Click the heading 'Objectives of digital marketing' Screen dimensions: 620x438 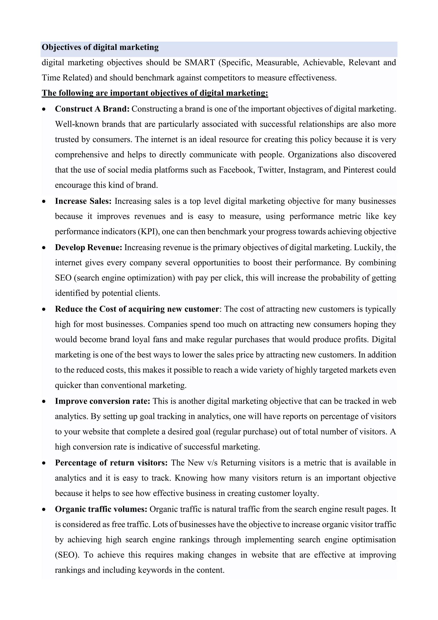[x=100, y=47]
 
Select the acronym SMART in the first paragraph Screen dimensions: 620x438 [x=200, y=63]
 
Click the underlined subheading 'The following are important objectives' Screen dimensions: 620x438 [x=155, y=93]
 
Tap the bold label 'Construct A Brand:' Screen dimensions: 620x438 [x=92, y=109]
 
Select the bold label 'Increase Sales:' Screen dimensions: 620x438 [x=83, y=201]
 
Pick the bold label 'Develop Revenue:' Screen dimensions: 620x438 [x=89, y=247]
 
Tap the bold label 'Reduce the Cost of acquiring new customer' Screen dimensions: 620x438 [x=137, y=309]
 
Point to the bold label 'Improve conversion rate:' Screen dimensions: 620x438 [x=102, y=401]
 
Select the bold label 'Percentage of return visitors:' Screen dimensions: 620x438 [x=111, y=463]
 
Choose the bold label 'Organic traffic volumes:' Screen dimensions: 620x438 [x=101, y=509]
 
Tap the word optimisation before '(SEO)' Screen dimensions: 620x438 [x=374, y=540]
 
